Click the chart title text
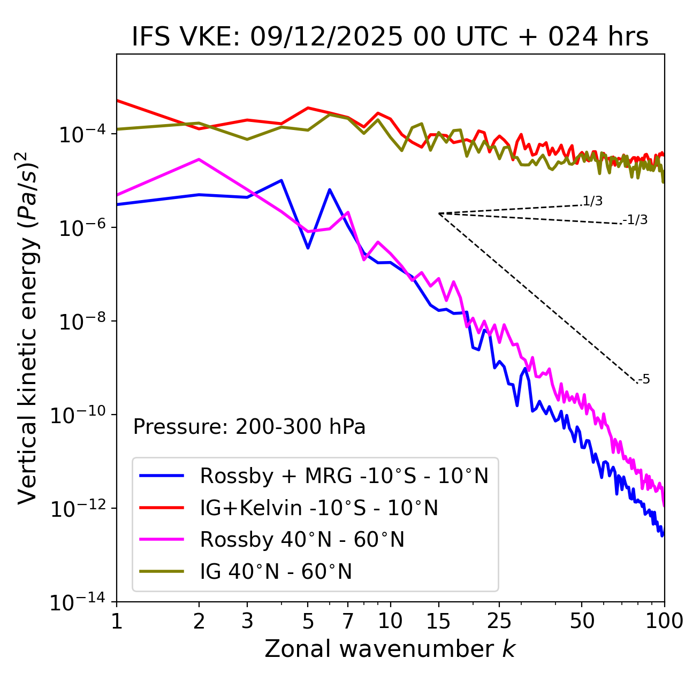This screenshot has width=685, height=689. [390, 37]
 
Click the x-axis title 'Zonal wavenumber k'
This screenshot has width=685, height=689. [390, 649]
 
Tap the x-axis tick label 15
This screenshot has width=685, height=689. [438, 621]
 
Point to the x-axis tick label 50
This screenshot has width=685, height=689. [582, 621]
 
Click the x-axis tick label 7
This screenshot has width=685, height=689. [348, 621]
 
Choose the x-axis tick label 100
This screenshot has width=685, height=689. [664, 621]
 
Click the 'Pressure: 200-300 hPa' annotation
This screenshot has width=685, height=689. [249, 427]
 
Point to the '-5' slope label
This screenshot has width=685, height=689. [644, 380]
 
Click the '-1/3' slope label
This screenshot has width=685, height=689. [636, 220]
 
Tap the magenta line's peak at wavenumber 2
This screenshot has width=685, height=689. [199, 159]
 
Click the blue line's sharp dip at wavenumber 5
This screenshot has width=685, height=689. [308, 248]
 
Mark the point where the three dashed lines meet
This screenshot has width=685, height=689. [439, 213]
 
